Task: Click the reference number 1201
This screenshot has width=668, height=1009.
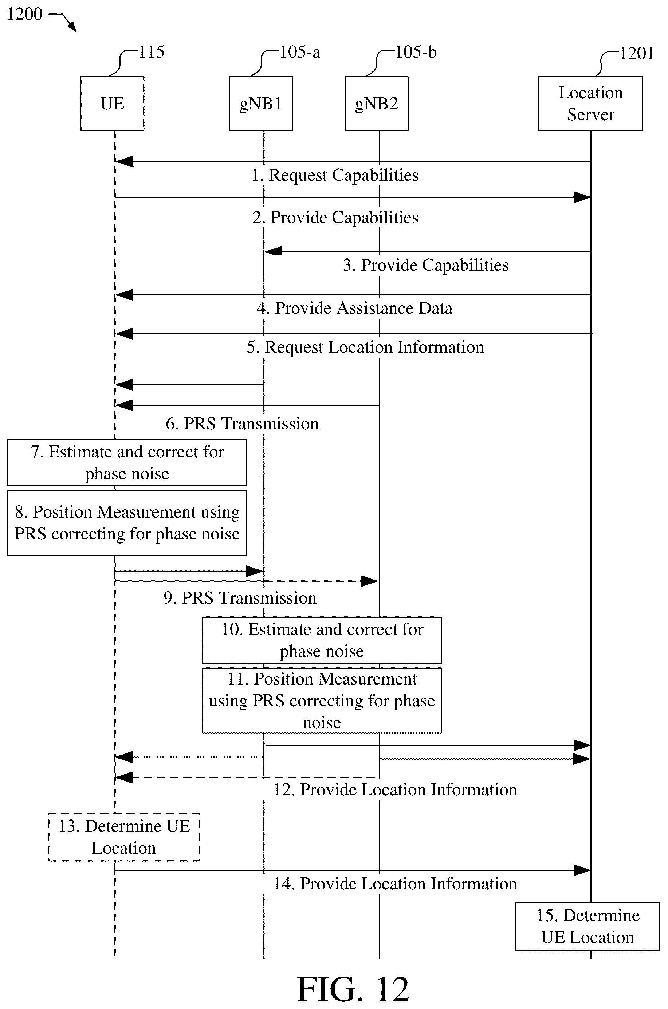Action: [x=636, y=53]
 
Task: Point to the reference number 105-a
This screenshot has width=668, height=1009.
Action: [x=300, y=52]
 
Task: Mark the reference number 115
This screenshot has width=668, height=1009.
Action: [x=151, y=52]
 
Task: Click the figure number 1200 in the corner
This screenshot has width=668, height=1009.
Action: [x=25, y=14]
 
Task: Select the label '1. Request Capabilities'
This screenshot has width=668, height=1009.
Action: [x=335, y=175]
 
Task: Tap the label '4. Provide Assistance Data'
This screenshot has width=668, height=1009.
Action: [x=354, y=308]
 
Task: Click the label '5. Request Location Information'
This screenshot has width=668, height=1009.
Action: [x=365, y=347]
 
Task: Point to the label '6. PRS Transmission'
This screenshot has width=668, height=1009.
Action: [x=242, y=424]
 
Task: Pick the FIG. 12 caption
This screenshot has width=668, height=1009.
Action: [x=353, y=989]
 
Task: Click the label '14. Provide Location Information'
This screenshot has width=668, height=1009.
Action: [x=395, y=884]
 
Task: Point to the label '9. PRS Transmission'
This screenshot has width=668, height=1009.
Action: [x=240, y=598]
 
